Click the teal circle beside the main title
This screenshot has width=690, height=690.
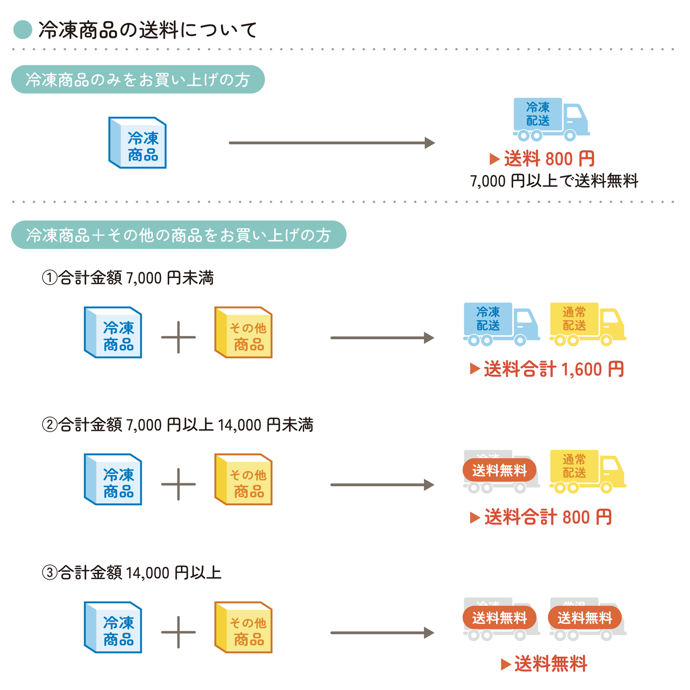[22, 30]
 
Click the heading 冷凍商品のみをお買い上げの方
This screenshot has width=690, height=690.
[138, 79]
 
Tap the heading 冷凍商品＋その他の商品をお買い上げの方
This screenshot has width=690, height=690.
[178, 235]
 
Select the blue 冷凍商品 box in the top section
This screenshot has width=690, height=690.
[138, 143]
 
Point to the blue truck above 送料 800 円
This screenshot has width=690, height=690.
[550, 119]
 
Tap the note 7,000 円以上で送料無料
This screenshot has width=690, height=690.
[554, 181]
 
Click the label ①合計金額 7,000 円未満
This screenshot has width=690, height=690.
[127, 277]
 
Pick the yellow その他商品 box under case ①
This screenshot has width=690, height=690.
[244, 332]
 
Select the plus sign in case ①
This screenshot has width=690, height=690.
[178, 337]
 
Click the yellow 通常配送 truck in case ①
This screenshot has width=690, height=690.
[587, 324]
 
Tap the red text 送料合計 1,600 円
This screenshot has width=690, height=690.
[547, 369]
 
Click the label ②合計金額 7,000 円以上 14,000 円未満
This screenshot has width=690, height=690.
[177, 425]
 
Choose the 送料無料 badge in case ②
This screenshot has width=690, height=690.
[499, 471]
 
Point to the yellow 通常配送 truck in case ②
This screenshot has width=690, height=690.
[587, 471]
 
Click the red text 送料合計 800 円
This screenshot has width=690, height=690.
[541, 517]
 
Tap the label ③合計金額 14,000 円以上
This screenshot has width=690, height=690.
[131, 572]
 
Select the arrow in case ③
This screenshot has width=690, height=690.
[382, 633]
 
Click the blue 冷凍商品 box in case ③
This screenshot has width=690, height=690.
[113, 627]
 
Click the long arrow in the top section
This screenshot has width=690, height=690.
[332, 143]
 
